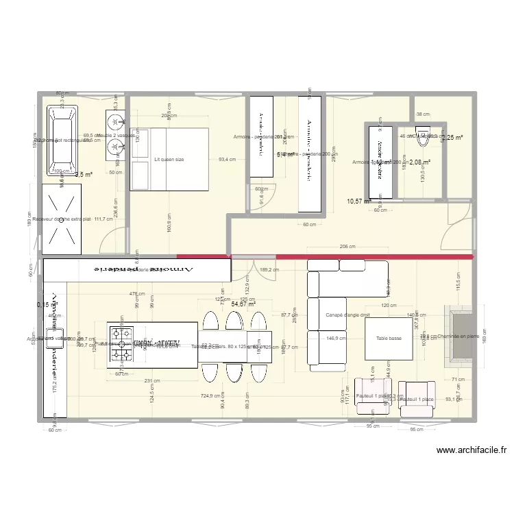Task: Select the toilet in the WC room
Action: [424, 135]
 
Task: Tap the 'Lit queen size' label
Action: [169, 160]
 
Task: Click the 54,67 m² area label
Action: [243, 304]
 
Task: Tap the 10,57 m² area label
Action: [358, 201]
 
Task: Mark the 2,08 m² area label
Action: [419, 162]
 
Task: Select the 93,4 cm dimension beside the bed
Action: [227, 160]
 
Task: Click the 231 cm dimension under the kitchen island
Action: [152, 381]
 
